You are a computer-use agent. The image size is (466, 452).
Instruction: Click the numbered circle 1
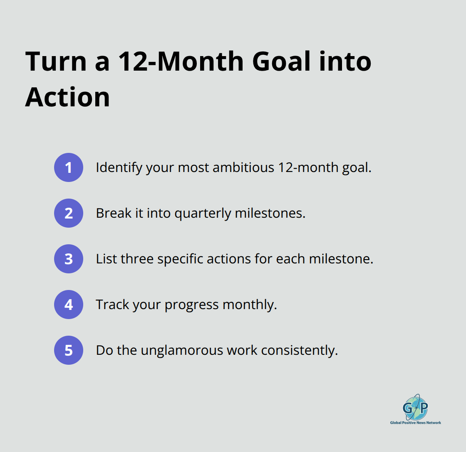(x=69, y=167)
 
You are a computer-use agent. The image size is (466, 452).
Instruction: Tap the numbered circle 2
(x=69, y=213)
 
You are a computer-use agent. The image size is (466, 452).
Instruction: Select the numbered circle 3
(x=69, y=259)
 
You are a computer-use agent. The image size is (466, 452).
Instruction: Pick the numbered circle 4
(x=69, y=305)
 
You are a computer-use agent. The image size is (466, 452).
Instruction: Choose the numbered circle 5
(x=69, y=350)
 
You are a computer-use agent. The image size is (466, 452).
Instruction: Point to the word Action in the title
(x=67, y=97)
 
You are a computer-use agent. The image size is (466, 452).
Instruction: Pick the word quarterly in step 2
(x=203, y=214)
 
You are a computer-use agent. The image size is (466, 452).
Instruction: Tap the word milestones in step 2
(x=270, y=214)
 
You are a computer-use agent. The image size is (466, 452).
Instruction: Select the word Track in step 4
(x=112, y=305)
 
